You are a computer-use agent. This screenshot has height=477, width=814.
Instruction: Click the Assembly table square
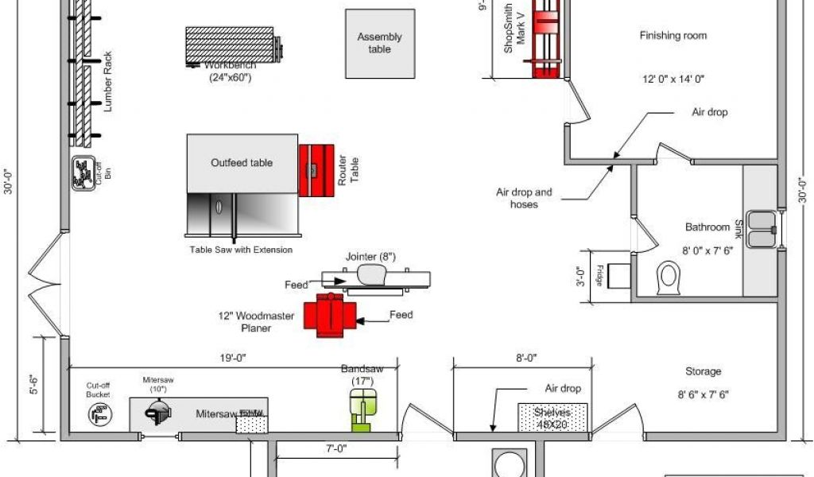pos(379,44)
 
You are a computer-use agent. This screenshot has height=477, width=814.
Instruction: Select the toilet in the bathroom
pos(669,279)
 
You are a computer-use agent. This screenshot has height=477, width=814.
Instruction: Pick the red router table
pos(317,169)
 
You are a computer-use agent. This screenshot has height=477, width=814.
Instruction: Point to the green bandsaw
pos(362,410)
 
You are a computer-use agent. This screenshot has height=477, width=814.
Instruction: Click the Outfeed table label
pos(242,163)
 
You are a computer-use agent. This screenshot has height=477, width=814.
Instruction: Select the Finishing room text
pos(673,36)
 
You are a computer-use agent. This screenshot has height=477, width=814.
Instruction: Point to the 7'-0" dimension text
pos(334,449)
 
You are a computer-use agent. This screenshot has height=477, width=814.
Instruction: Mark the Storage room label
pos(704,371)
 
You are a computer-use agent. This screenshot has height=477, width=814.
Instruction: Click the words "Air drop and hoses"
pos(524,198)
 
